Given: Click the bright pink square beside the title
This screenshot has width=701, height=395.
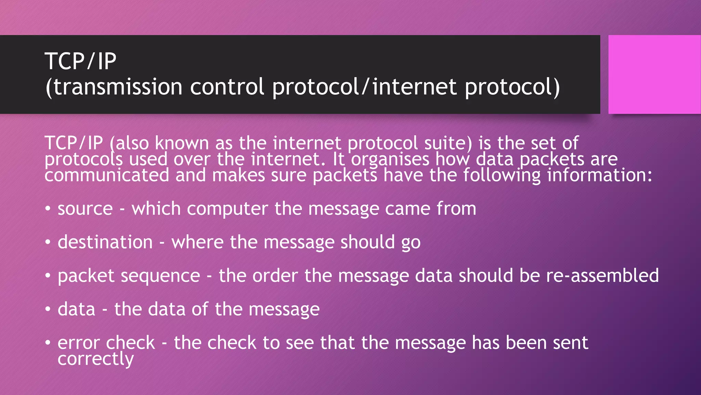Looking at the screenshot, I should coord(654,74).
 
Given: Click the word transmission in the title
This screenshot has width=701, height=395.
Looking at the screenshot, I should coord(118,86).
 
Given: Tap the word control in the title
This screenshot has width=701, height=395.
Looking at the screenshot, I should coord(227,86).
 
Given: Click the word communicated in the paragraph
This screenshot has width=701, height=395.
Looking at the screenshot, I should coord(107,175).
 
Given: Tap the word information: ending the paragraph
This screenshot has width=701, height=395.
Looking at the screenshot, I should coord(600,175).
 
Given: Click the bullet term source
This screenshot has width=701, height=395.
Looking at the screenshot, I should coord(85,209).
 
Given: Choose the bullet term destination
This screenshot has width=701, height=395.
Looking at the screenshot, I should coord(105,242).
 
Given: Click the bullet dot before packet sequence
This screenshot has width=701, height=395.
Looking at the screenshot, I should coord(48,275).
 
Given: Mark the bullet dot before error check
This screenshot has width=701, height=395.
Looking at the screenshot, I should coord(48,343).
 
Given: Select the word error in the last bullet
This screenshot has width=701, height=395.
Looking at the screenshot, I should coord(78,343).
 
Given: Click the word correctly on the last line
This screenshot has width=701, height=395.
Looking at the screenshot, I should coord(95,359).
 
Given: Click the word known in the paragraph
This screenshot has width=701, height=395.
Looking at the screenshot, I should coord(182,143).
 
